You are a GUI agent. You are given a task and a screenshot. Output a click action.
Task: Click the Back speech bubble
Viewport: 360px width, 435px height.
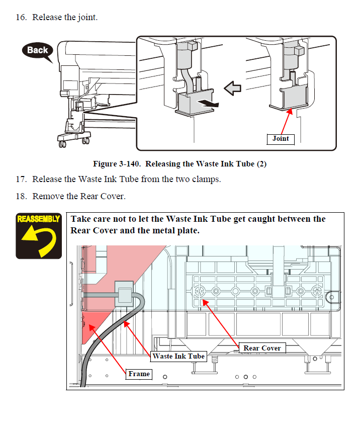[x=37, y=50]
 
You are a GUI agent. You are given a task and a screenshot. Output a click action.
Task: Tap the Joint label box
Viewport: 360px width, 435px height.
[x=281, y=139]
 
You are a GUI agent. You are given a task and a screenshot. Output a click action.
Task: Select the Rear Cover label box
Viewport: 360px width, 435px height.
[x=262, y=348]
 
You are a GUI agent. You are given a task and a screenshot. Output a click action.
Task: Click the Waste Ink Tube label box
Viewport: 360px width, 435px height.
[x=178, y=356]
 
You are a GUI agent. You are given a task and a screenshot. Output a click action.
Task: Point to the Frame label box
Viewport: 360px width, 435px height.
[x=139, y=374]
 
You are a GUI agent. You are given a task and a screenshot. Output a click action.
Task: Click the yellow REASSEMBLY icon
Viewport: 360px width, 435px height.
[x=39, y=235]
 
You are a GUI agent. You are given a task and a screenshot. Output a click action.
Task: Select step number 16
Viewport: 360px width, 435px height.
[x=21, y=17]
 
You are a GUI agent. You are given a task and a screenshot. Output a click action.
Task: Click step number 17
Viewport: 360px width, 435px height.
[x=21, y=179]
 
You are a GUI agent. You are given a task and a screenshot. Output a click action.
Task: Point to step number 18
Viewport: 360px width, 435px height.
[x=21, y=196]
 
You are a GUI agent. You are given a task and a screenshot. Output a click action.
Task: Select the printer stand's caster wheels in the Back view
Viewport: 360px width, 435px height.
[x=62, y=145]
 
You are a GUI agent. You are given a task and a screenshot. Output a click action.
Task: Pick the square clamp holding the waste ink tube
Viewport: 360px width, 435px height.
[x=124, y=292]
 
